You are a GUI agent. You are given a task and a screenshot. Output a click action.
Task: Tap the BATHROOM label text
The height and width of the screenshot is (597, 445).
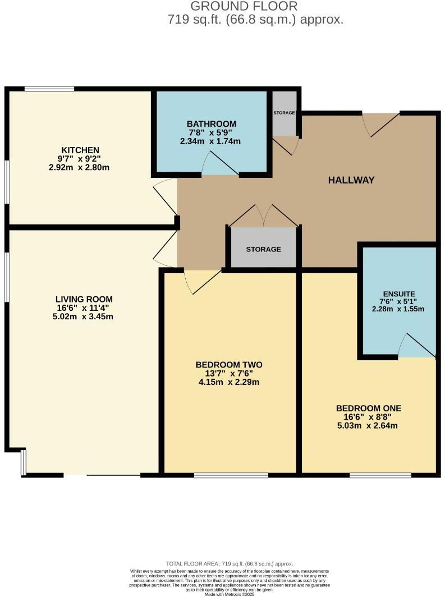212,124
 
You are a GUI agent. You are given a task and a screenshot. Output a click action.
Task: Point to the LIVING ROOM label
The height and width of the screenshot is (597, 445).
84,299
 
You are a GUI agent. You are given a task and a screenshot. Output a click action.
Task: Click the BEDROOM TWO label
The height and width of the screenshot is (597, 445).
230,365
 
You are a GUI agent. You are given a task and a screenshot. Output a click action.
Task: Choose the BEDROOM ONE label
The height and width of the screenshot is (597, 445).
369,408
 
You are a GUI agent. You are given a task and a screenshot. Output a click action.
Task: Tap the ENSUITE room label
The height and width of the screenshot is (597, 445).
399,293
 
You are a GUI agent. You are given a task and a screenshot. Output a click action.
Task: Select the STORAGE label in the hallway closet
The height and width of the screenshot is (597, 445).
263,249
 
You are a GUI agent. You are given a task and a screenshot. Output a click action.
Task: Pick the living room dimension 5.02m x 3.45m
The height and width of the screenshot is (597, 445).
84,316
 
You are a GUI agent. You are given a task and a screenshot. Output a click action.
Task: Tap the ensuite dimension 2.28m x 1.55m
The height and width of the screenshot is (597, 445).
399,309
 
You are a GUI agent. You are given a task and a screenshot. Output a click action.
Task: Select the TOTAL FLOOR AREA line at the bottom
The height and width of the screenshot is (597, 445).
230,563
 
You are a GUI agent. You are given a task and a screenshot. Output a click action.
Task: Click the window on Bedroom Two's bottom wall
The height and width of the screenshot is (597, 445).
231,475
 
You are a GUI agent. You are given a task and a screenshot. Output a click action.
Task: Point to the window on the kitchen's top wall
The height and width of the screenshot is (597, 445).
49,88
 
